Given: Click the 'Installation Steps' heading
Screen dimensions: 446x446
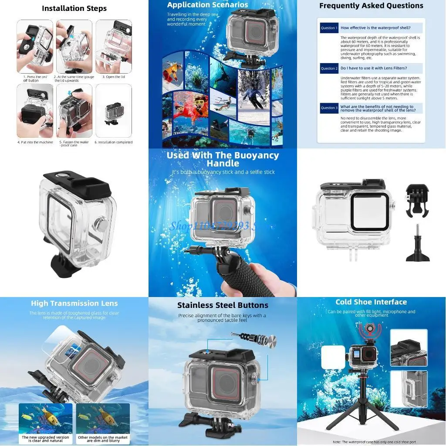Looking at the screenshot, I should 74,8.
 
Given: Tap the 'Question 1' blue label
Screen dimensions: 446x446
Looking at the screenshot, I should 329,28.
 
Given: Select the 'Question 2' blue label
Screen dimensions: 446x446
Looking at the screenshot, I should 329,68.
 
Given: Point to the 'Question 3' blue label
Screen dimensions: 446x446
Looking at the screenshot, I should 329,108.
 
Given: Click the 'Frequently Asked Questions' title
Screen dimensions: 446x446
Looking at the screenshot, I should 371,6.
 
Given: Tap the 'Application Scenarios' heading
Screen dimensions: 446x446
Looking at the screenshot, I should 207,5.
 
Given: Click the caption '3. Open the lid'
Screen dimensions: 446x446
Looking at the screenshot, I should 113,77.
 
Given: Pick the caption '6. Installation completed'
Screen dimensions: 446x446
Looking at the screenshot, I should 115,142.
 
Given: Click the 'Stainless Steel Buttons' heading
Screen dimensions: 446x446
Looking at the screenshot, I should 223,305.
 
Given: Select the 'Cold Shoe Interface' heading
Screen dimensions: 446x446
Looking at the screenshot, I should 371,302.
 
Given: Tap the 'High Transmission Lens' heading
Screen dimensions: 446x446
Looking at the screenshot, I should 74,304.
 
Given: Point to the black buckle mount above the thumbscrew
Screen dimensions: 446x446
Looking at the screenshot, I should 418,200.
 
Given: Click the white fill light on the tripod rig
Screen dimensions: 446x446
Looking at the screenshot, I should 333,357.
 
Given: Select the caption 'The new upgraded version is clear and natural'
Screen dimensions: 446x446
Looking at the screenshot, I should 46,439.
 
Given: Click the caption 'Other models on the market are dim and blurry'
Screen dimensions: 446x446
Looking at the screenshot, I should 103,439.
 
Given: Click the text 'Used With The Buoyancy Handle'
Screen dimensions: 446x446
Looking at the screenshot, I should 223,159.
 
